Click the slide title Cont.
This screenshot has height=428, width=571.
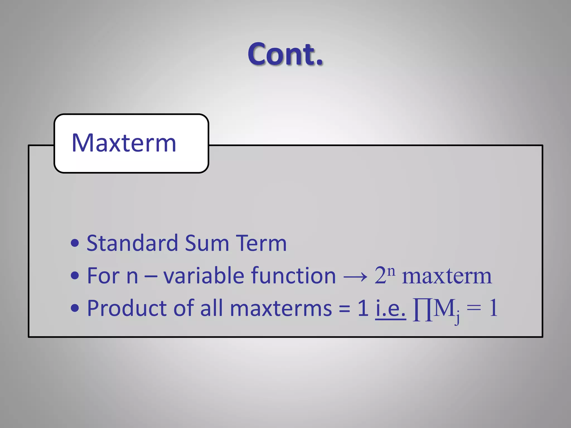tap(285, 54)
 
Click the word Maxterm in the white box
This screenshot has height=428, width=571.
tap(124, 143)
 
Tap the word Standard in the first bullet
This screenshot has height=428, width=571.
tap(132, 243)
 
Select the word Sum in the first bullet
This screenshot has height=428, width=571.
tap(207, 243)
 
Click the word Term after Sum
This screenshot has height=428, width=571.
tap(261, 243)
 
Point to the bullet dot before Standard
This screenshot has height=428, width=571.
tap(75, 243)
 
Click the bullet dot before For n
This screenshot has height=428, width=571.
tap(75, 276)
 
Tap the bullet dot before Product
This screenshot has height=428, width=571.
tap(75, 308)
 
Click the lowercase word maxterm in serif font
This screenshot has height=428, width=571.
tap(447, 277)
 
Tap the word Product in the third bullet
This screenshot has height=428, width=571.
tap(127, 308)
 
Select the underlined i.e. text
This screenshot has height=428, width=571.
tap(390, 308)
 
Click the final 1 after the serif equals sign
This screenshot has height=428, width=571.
tap(493, 308)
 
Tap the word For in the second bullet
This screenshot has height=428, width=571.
tap(103, 276)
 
